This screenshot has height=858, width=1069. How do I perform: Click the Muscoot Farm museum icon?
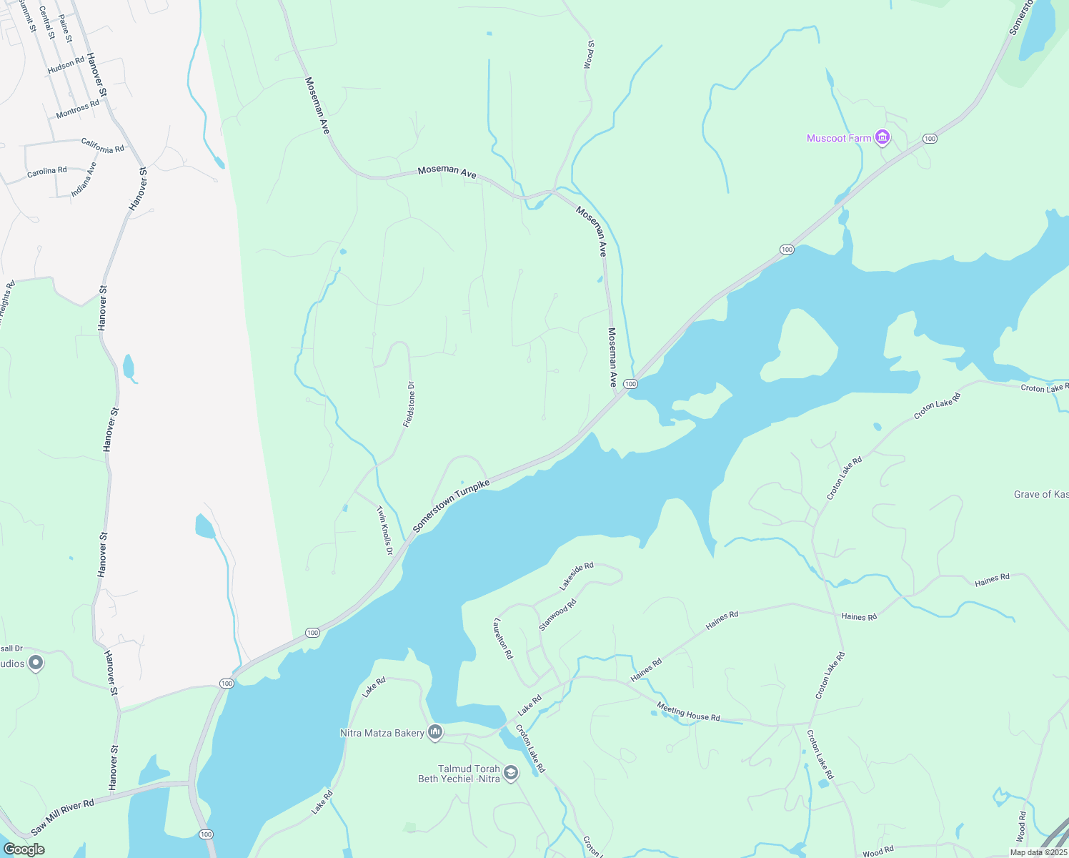(882, 137)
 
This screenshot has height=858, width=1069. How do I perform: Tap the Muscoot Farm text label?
(839, 138)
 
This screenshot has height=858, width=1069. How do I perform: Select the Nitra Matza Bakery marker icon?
(435, 732)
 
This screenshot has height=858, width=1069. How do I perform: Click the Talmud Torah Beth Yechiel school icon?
(510, 773)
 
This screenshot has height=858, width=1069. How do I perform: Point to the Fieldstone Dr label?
(409, 405)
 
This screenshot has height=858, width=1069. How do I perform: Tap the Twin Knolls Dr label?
(385, 531)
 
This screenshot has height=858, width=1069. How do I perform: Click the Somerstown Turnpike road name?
(452, 505)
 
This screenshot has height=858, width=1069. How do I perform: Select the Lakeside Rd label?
(576, 576)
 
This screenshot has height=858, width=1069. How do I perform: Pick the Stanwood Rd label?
(557, 615)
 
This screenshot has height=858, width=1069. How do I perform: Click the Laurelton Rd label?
(503, 638)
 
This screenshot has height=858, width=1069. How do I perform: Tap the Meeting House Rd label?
(688, 712)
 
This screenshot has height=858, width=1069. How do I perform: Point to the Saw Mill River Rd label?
(63, 818)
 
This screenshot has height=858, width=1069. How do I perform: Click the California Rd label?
(102, 146)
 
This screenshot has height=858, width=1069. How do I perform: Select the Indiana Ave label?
(84, 180)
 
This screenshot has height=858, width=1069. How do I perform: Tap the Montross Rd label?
(78, 109)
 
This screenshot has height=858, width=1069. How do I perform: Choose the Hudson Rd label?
(66, 65)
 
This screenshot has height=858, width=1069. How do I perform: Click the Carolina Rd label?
(47, 172)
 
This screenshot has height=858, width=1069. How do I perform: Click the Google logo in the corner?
(24, 849)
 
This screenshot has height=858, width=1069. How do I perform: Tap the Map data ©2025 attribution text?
(1038, 852)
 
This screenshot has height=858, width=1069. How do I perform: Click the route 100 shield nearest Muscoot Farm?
(929, 138)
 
